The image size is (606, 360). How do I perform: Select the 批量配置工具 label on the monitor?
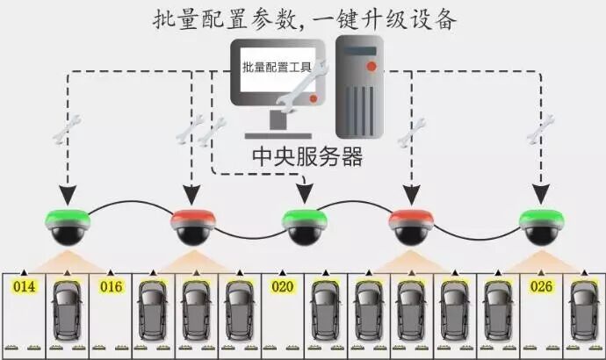273,67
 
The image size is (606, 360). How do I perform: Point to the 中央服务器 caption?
307,159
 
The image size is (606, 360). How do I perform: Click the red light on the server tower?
372,65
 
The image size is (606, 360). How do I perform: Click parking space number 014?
25,286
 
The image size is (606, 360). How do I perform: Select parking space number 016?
111,286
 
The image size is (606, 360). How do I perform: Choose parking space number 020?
282,286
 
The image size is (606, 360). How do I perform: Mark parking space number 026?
541,286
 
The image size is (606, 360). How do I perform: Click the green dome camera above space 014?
68,227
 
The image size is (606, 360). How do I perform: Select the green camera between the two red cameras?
305,227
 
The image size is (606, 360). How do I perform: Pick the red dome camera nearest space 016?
196,227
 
